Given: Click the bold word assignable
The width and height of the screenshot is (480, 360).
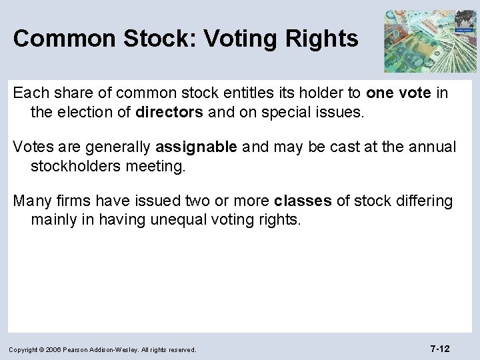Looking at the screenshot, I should point(195,147).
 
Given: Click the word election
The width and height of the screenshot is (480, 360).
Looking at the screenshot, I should point(92,112).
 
